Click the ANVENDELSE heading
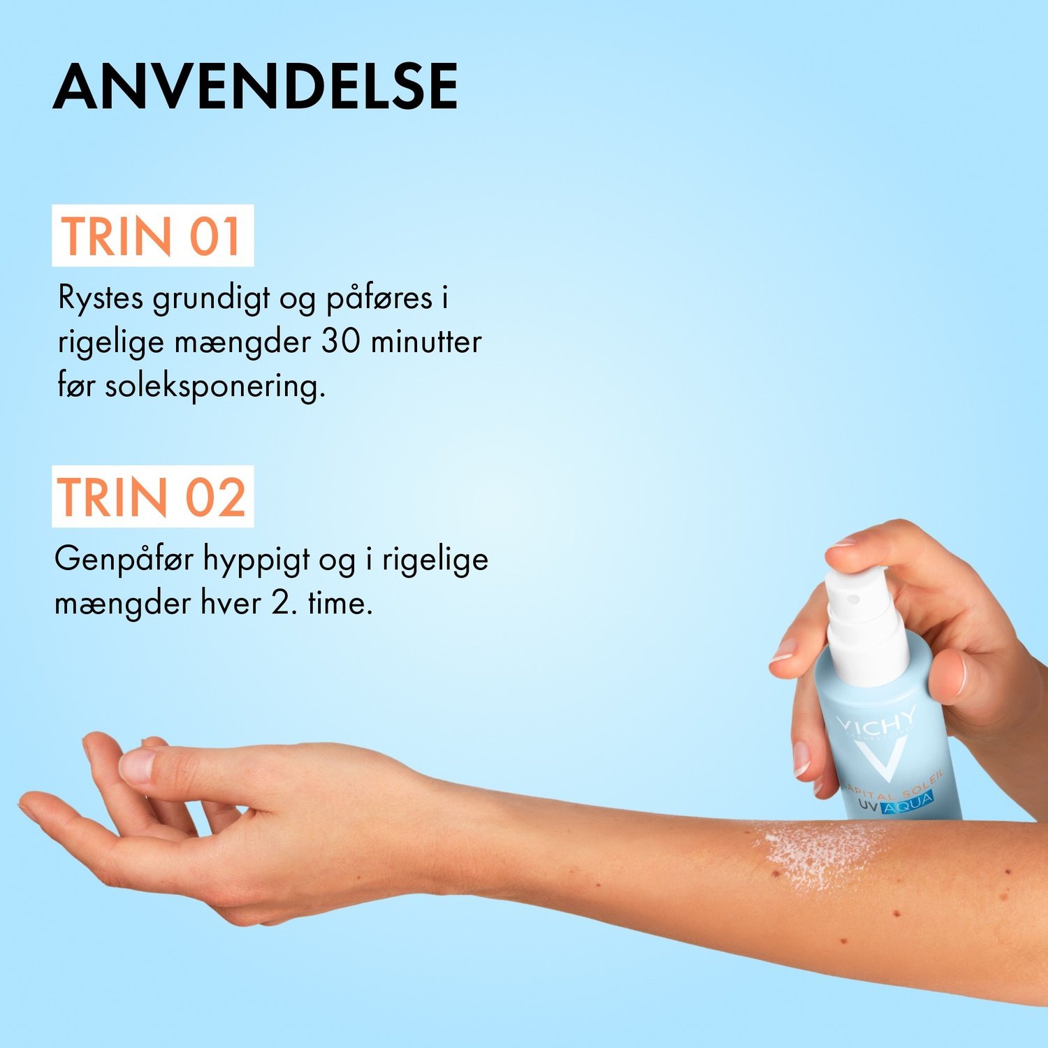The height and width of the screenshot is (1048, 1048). point(255,87)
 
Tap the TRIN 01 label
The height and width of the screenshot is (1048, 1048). point(152,235)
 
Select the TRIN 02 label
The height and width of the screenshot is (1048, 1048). point(152,497)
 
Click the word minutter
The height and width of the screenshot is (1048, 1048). point(426,342)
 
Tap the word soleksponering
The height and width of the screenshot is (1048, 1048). point(215,386)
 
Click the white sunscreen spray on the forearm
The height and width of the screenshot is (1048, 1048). point(817,856)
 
